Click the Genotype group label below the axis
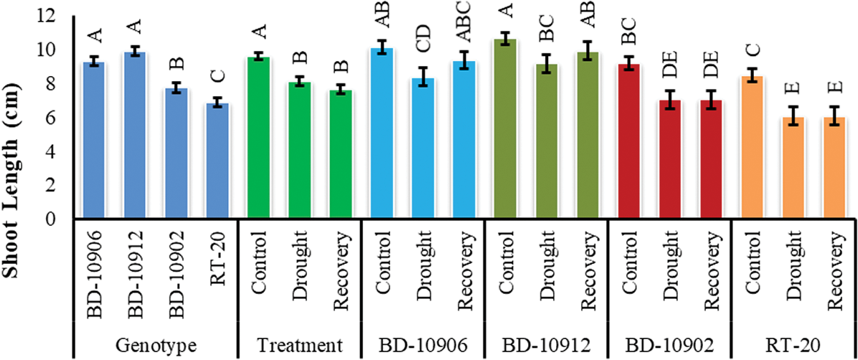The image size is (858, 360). pyautogui.click(x=156, y=345)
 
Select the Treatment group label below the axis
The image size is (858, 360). pyautogui.click(x=300, y=345)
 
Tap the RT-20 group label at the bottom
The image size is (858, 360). pyautogui.click(x=793, y=345)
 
